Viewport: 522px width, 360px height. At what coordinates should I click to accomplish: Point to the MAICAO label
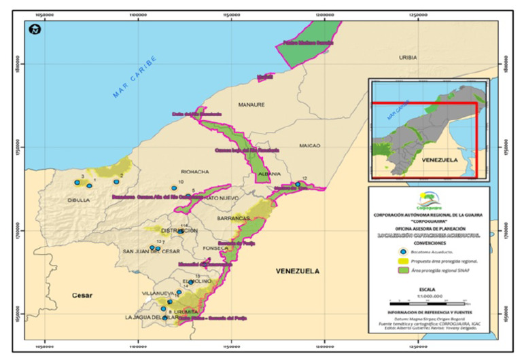coord(309,145)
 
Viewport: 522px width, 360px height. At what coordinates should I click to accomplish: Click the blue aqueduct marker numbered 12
coord(298,184)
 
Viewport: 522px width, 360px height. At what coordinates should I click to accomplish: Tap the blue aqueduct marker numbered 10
coord(174,188)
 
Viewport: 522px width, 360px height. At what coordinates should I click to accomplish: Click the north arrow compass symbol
coord(33,29)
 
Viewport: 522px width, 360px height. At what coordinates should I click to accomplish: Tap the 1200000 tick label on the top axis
coord(325,13)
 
